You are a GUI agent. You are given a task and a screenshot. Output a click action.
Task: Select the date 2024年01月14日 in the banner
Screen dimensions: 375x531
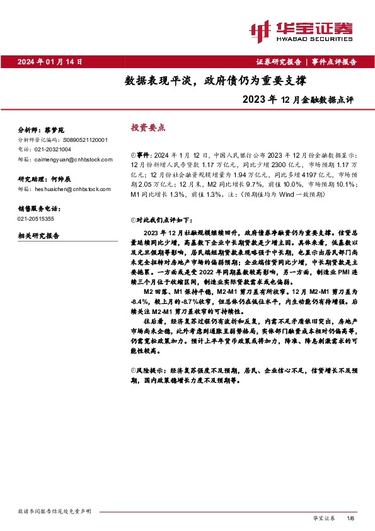point(50,62)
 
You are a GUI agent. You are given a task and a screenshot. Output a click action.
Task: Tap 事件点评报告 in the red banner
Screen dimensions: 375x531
point(333,62)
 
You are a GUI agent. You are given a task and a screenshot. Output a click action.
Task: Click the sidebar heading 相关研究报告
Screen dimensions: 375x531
point(38,235)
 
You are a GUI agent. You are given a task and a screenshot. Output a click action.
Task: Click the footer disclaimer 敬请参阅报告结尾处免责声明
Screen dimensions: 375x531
point(55,510)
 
